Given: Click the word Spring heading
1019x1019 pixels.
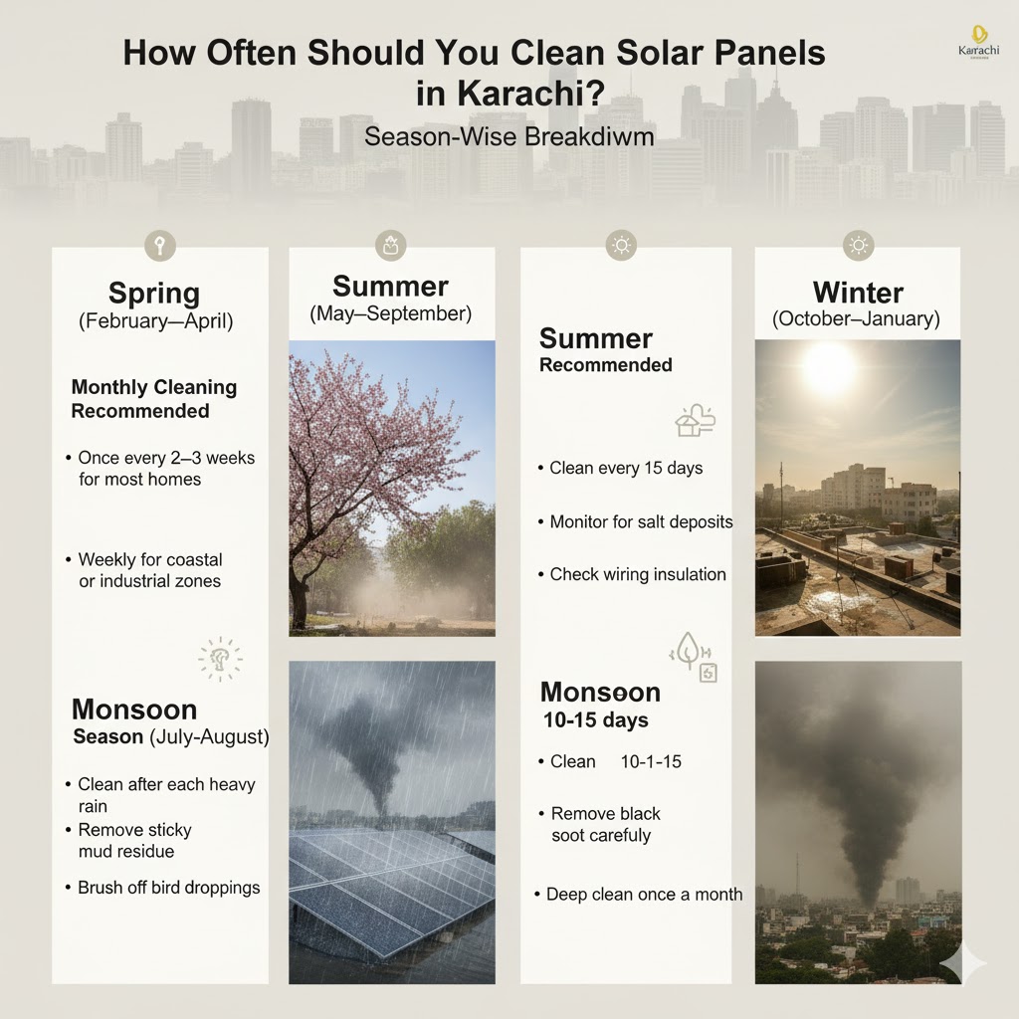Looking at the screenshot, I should coord(154,294).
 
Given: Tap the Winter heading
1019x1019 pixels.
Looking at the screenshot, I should coord(858,293).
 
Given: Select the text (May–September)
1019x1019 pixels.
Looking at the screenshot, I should coord(390,313).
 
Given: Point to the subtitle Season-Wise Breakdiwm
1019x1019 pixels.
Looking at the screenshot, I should coord(509,136).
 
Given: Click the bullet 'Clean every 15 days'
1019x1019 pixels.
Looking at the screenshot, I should coord(626,468).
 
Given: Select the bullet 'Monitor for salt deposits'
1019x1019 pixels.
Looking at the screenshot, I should coord(641,521).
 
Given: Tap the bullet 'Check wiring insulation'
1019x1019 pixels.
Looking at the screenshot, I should coord(638,574).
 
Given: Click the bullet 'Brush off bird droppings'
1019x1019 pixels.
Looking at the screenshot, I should coord(168,887).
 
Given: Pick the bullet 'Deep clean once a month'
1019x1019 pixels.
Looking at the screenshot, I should coord(644,894).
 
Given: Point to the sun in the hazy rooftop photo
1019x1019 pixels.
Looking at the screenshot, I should coord(829,368).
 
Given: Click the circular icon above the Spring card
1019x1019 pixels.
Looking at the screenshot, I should coord(159,245).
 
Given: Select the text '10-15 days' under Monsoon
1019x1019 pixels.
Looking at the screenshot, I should coord(596,719).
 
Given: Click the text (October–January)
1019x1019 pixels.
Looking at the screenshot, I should coord(857,319).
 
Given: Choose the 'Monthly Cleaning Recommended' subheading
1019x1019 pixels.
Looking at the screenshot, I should coord(153,399).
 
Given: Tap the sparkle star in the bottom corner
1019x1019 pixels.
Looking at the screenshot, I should coord(963,962).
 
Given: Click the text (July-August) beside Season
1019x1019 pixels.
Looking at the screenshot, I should coord(209,737).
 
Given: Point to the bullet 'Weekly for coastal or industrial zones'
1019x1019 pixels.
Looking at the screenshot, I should coord(149,570).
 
